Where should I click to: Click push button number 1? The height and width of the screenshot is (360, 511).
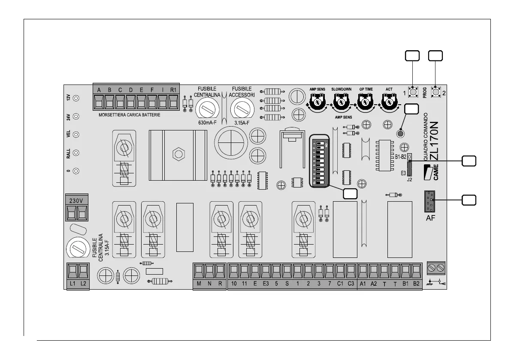coord(413,92)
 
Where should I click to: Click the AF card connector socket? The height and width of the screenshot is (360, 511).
coord(430,202)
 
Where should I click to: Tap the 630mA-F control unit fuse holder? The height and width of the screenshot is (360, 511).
coord(207,110)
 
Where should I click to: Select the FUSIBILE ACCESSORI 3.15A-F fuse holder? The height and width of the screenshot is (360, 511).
coord(242,110)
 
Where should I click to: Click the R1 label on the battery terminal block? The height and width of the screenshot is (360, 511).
coord(173,90)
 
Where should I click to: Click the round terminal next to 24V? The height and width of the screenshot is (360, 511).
coord(76,116)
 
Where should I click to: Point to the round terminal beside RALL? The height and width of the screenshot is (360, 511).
coord(76,153)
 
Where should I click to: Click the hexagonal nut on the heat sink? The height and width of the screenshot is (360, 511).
coord(176,154)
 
